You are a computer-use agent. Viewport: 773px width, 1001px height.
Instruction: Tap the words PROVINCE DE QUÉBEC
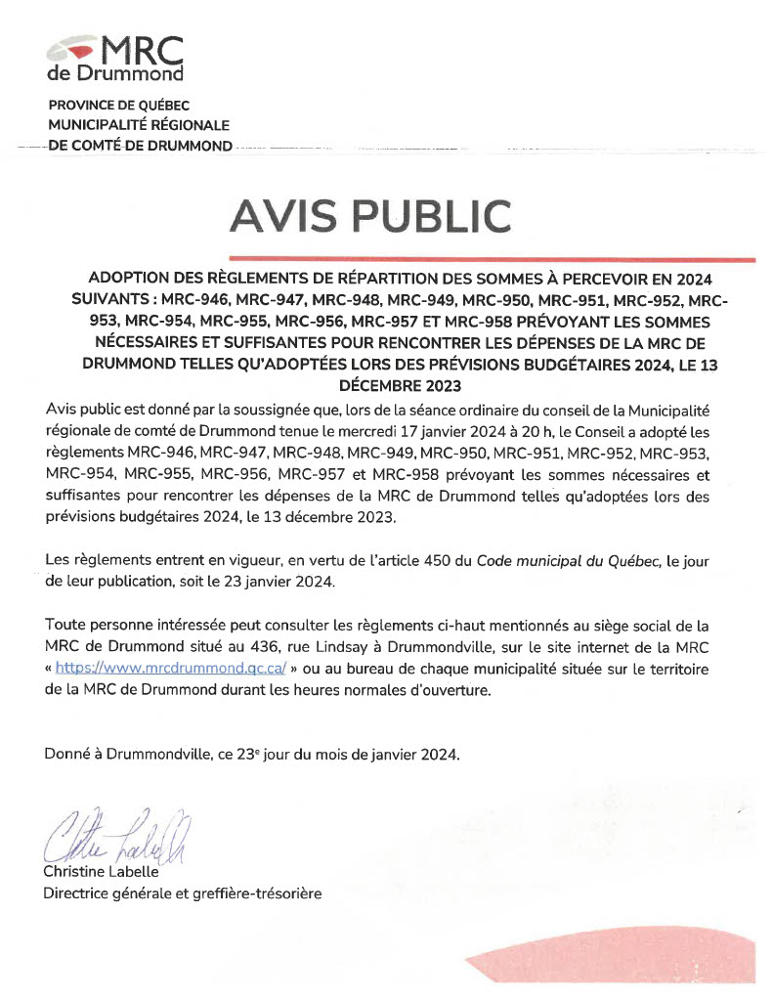[x=119, y=106]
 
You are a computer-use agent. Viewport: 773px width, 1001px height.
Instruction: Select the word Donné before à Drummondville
[x=68, y=755]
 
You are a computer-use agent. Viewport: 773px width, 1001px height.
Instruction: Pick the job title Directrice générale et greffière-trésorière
[x=183, y=892]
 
